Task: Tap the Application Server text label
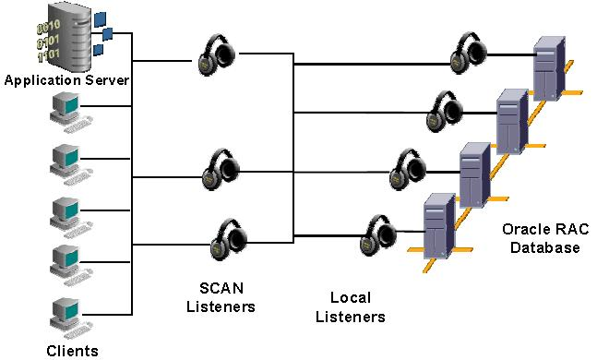pyautogui.click(x=66, y=80)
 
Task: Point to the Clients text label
pyautogui.click(x=72, y=350)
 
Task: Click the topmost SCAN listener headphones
pyautogui.click(x=221, y=56)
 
